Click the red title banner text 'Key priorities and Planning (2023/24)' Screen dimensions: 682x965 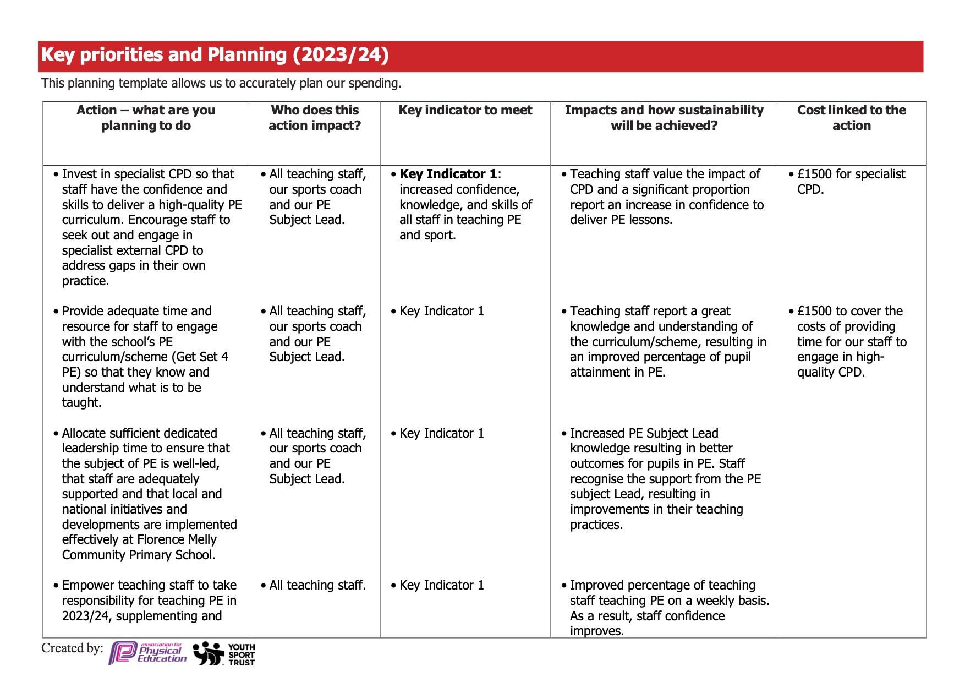point(215,55)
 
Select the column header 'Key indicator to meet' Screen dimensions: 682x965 point(465,110)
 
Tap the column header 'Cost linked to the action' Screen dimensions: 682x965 point(851,118)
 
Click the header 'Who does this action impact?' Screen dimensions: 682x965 point(315,118)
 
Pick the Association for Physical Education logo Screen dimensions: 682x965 point(147,653)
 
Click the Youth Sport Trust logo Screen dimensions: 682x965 point(224,654)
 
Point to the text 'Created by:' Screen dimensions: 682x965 point(72,648)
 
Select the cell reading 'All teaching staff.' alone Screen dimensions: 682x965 point(317,585)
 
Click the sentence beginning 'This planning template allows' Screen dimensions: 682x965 point(221,83)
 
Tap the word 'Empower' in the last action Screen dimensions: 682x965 point(88,585)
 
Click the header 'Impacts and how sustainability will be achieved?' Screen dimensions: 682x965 point(664,118)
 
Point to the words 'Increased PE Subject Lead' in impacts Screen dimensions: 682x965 point(644,433)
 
